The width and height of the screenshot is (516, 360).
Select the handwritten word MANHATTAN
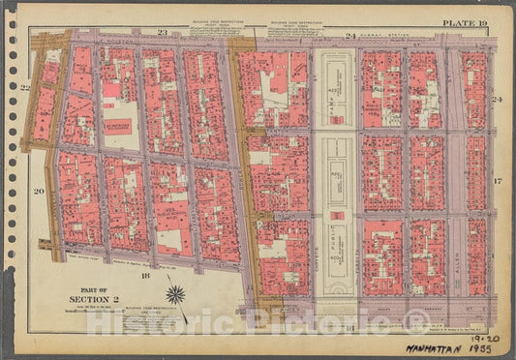tap(448, 345)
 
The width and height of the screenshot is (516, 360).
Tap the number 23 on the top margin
tap(163, 34)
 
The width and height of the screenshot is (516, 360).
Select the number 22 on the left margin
tap(26, 88)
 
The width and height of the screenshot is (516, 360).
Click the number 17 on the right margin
tap(497, 182)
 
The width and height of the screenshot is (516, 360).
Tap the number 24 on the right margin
tap(497, 101)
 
